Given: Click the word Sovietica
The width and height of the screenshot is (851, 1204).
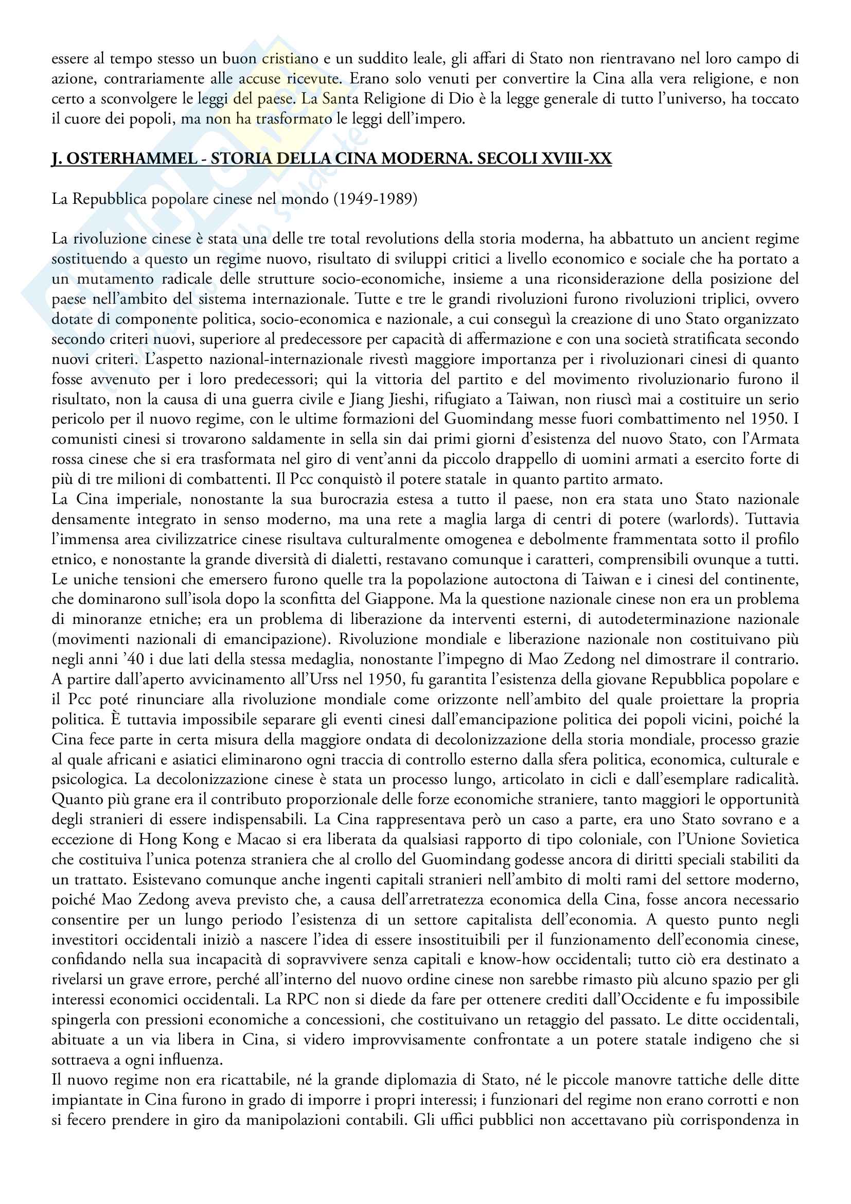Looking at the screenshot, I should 770,840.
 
